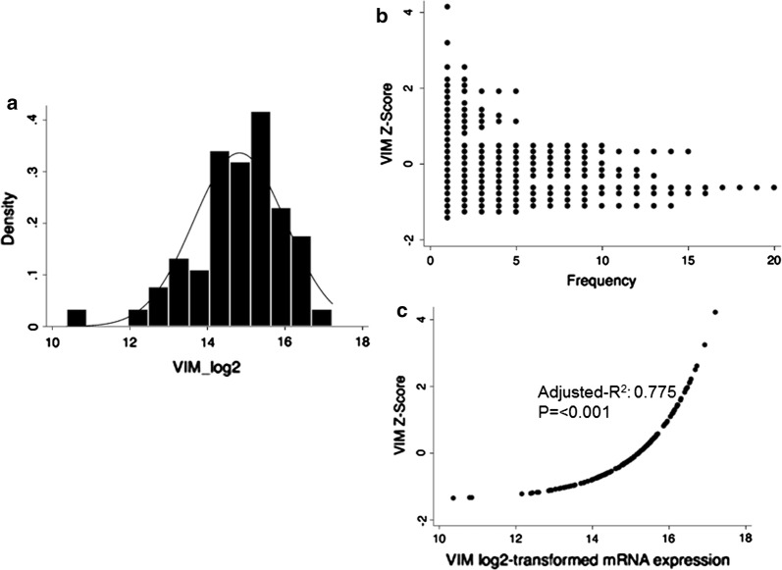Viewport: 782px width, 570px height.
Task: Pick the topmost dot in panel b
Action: point(447,8)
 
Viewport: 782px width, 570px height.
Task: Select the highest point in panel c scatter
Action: point(715,312)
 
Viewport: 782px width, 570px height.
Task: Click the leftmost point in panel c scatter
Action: point(452,497)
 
